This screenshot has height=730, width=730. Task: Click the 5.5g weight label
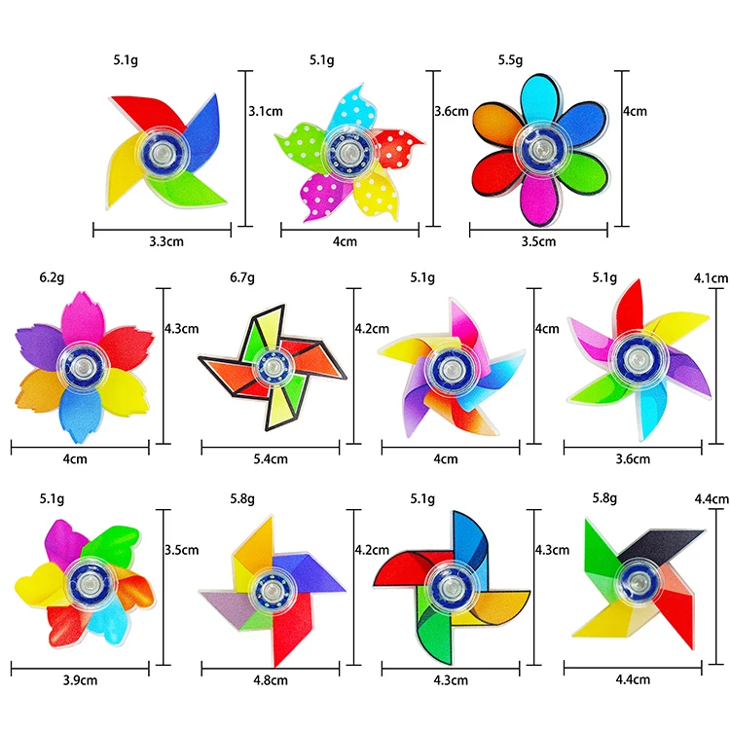click(511, 59)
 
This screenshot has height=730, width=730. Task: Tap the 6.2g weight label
click(52, 277)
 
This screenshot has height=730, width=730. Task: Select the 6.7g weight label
click(241, 277)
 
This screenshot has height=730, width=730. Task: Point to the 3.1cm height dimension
click(266, 111)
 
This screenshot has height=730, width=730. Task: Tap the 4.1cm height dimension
click(712, 278)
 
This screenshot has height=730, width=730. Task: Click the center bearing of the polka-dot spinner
click(344, 152)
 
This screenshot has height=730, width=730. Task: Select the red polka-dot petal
click(398, 148)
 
